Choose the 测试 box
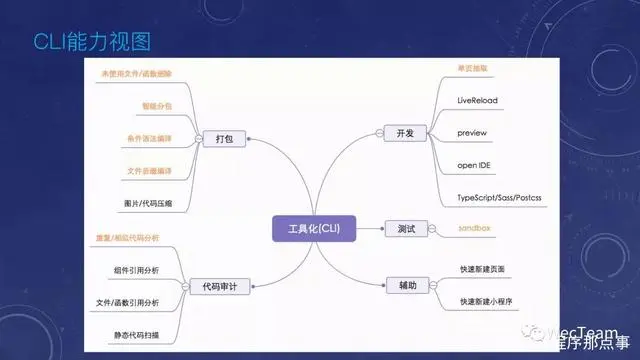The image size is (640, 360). [x=400, y=229]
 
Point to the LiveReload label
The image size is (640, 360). [x=477, y=100]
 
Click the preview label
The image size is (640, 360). [x=470, y=132]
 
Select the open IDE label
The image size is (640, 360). [x=476, y=164]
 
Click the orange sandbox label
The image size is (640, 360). [x=476, y=229]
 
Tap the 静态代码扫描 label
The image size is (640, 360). [x=135, y=333]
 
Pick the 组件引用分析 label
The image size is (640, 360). [x=135, y=270]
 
